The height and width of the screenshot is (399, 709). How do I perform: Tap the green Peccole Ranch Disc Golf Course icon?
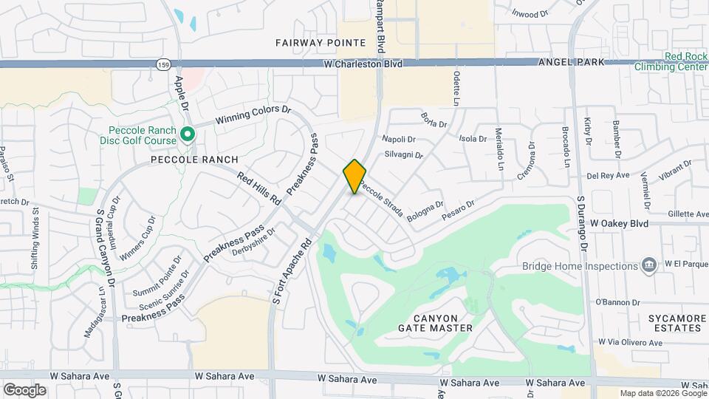coord(188,135)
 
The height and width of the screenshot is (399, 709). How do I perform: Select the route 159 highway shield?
coord(163,65)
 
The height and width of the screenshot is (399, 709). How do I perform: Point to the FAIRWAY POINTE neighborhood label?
coord(321,43)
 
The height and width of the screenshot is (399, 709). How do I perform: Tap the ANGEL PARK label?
coord(571,63)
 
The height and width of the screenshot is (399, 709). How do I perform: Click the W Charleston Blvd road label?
coord(363,64)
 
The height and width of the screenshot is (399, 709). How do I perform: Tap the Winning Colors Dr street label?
coord(253,115)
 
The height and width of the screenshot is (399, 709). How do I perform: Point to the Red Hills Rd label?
coord(260,188)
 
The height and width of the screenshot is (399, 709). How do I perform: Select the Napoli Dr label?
coord(400,139)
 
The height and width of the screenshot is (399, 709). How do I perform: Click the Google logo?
coord(24,389)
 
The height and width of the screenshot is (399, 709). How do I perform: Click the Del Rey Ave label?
coord(607,176)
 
